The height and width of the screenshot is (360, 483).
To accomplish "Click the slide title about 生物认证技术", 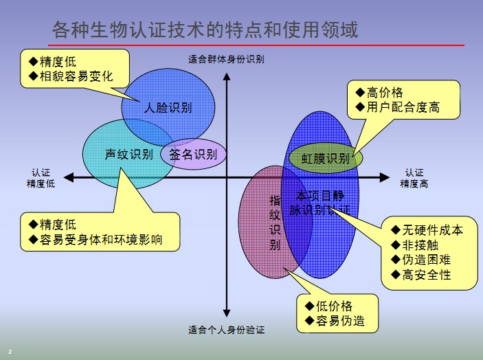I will click(x=205, y=31).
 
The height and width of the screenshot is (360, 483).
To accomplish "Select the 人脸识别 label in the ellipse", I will click(x=168, y=107).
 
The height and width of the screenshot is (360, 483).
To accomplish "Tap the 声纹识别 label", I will click(x=128, y=155).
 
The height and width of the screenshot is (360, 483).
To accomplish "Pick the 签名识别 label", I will click(x=193, y=155).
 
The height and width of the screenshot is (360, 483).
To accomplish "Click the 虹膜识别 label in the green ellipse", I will click(x=325, y=159).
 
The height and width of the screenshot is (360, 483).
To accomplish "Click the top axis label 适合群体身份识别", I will click(x=226, y=59).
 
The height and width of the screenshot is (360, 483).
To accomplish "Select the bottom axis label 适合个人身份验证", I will click(x=226, y=330).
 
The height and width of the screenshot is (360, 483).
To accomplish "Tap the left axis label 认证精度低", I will click(x=40, y=178).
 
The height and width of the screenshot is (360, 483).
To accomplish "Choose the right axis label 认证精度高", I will click(x=414, y=178).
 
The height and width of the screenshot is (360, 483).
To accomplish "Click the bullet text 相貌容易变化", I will click(x=76, y=77).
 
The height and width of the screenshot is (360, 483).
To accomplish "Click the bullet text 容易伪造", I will click(x=340, y=321).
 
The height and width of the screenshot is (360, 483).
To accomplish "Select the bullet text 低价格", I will click(x=334, y=306).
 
